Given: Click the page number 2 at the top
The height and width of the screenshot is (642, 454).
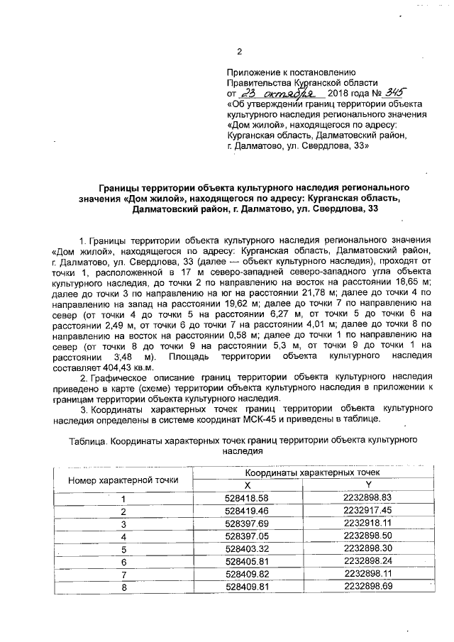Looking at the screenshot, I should pyautogui.click(x=239, y=50).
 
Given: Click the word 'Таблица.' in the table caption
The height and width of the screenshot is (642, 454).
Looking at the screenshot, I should pyautogui.click(x=86, y=441).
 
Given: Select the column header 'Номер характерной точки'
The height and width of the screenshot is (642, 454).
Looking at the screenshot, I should pyautogui.click(x=123, y=480).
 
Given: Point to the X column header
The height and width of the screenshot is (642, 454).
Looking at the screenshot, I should pyautogui.click(x=248, y=485).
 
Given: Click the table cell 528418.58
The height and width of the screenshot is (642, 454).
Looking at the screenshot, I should pyautogui.click(x=248, y=497).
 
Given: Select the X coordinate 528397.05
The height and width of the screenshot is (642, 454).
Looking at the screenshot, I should pyautogui.click(x=248, y=536).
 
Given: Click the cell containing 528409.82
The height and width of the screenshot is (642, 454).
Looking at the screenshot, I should pyautogui.click(x=248, y=574).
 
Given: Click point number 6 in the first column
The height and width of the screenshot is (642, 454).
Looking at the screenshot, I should pyautogui.click(x=123, y=561).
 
